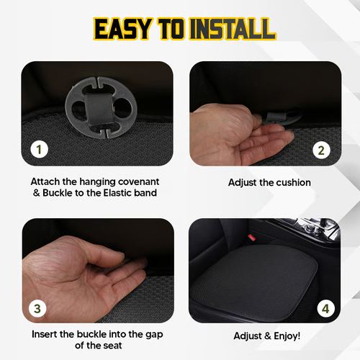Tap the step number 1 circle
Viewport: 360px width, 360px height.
point(39,150)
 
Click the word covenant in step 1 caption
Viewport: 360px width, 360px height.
point(145,182)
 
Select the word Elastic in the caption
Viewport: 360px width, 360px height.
point(120,194)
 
